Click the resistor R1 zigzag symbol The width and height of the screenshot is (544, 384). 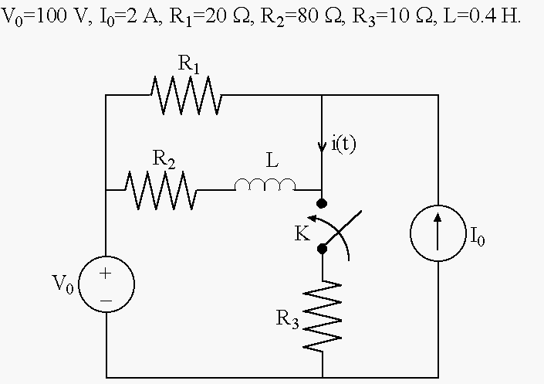(x=186, y=95)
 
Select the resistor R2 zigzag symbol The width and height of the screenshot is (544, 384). (x=160, y=190)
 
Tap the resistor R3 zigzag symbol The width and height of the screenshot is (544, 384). (x=323, y=316)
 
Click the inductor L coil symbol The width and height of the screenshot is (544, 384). (x=265, y=185)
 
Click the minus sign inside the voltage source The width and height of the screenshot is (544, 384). (x=106, y=301)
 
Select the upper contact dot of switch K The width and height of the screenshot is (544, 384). (x=322, y=203)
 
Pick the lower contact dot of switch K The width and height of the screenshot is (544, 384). (x=322, y=249)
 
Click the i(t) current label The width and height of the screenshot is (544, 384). (x=343, y=144)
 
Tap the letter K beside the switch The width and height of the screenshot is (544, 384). (x=302, y=233)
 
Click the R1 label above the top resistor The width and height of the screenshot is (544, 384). (x=189, y=64)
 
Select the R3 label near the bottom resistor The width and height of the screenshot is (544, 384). (x=287, y=318)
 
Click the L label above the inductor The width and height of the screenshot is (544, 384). (x=272, y=161)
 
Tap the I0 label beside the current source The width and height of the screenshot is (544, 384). (x=478, y=236)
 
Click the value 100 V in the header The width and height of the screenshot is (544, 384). (x=64, y=16)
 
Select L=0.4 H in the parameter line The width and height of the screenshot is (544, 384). (x=482, y=16)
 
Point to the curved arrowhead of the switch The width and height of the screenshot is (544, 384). (x=312, y=219)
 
